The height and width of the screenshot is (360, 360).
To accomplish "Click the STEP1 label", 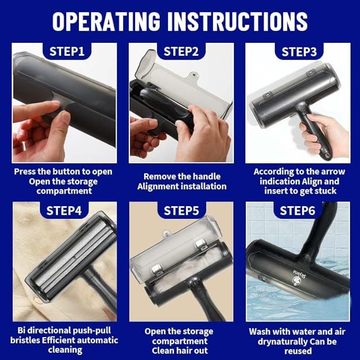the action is pyautogui.click(x=67, y=51).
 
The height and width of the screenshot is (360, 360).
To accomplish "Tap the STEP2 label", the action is pyautogui.click(x=181, y=51).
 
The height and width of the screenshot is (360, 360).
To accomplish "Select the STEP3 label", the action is pyautogui.click(x=299, y=52).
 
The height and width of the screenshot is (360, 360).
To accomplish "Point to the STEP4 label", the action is pyautogui.click(x=64, y=210).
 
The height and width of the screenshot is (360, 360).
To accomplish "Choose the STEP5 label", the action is pyautogui.click(x=181, y=211).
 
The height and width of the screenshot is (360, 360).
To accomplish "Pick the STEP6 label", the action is pyautogui.click(x=297, y=210).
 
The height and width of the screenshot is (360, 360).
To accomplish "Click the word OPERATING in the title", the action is pyautogui.click(x=106, y=21).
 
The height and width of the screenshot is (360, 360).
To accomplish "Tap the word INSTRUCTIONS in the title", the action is pyautogui.click(x=238, y=21).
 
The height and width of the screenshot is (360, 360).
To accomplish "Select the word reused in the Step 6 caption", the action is pyautogui.click(x=298, y=351).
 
